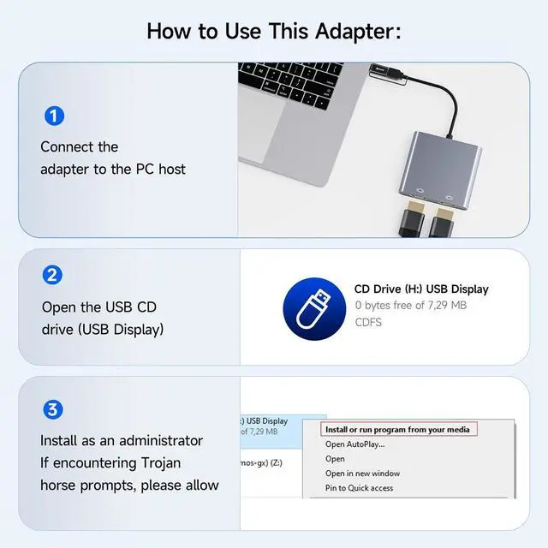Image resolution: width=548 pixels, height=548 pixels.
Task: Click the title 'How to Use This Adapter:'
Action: click(x=273, y=31)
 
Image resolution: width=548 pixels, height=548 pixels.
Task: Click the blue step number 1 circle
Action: click(x=53, y=116)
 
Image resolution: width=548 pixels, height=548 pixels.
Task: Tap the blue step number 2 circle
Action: click(x=53, y=275)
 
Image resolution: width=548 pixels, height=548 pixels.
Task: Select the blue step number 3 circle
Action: click(x=53, y=409)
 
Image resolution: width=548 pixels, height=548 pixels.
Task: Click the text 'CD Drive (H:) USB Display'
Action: click(x=421, y=289)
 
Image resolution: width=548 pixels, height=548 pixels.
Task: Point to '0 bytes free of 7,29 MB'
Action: click(x=410, y=306)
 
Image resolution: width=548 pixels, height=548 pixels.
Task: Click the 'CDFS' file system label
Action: click(x=369, y=323)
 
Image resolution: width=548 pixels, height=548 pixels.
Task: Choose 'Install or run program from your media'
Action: click(x=397, y=429)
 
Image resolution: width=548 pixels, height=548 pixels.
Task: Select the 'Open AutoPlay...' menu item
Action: click(x=354, y=444)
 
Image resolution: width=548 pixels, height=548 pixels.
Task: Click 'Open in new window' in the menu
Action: click(x=362, y=474)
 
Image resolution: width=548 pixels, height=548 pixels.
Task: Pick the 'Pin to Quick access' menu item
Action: click(x=359, y=488)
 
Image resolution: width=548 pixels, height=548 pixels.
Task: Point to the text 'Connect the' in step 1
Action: click(x=80, y=146)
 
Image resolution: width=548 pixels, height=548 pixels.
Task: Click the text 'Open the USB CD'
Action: click(x=99, y=307)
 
